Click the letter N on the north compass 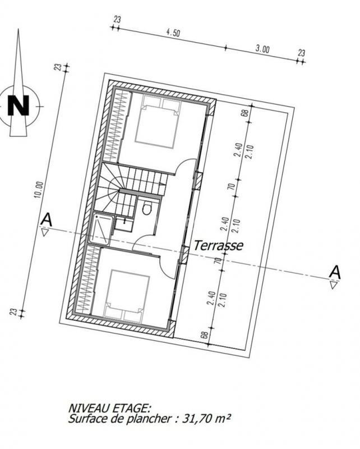point(19,106)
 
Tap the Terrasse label point(218,245)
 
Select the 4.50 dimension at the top point(173,33)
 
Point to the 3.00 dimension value point(262,49)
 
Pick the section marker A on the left point(46,221)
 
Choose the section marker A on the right point(335,272)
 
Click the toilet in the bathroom point(146,209)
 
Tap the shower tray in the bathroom point(102,228)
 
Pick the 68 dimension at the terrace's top point(244,113)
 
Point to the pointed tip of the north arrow point(19,31)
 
